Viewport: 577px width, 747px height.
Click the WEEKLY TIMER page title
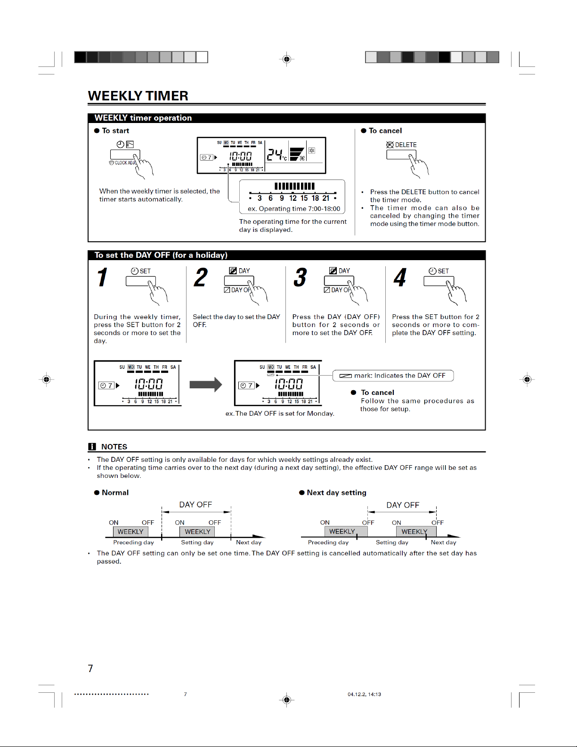pyautogui.click(x=138, y=96)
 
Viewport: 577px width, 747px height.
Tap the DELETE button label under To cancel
pyautogui.click(x=405, y=145)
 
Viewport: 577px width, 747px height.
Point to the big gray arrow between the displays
pyautogui.click(x=205, y=385)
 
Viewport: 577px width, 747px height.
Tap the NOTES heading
pyautogui.click(x=114, y=447)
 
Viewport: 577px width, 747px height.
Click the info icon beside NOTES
pyautogui.click(x=92, y=447)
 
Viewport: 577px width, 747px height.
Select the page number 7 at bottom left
pyautogui.click(x=90, y=668)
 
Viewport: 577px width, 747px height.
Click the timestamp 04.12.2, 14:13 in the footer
pyautogui.click(x=364, y=694)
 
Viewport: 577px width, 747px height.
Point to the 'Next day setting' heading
pyautogui.click(x=336, y=493)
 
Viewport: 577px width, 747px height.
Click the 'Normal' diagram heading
pyautogui.click(x=115, y=493)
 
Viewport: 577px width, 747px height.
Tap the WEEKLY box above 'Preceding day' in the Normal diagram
pyautogui.click(x=130, y=532)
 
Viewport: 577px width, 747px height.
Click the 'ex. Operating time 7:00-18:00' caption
pyautogui.click(x=294, y=209)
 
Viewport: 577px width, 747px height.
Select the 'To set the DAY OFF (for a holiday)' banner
pyautogui.click(x=161, y=255)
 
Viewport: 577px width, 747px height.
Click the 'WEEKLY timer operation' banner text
pyautogui.click(x=143, y=118)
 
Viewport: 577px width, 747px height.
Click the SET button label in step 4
pyautogui.click(x=443, y=271)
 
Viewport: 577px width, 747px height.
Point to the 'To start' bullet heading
pyautogui.click(x=115, y=131)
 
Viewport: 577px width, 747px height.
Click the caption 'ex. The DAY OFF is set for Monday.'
pyautogui.click(x=280, y=413)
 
